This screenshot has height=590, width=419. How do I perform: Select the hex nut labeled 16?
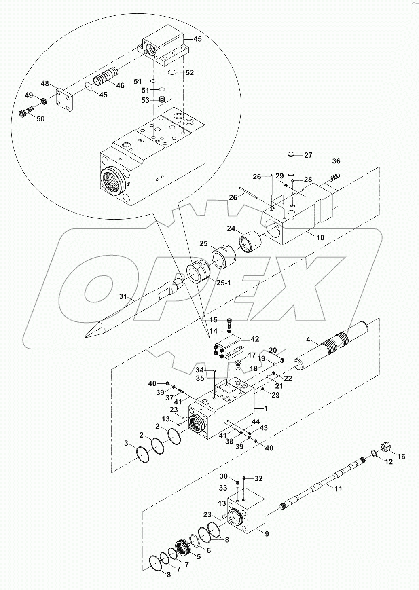coord(385,447)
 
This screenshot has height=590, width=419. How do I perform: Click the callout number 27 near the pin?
coord(308,155)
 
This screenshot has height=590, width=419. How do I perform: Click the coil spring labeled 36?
coord(334,176)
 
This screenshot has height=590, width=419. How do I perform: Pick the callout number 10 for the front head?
coord(320,238)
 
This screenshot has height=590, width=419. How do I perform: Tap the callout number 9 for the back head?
coord(267,534)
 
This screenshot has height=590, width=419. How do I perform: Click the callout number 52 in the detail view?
coord(190,73)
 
